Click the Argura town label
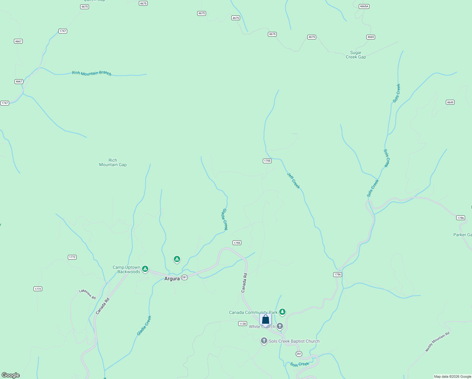[172, 279]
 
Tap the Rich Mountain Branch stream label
[91, 73]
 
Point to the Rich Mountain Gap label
[113, 162]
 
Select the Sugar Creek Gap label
[356, 55]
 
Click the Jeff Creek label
[293, 181]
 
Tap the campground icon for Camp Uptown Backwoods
[145, 269]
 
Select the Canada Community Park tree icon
[282, 312]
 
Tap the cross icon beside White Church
[280, 326]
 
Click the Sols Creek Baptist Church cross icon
[264, 341]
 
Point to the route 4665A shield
[364, 6]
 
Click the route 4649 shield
[450, 102]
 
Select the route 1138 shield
[242, 323]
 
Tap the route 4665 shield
[370, 37]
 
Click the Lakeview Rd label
[87, 294]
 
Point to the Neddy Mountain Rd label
[437, 342]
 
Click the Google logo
[11, 375]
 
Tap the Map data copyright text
[452, 376]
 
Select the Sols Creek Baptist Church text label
[294, 341]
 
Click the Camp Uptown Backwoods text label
[127, 269]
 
